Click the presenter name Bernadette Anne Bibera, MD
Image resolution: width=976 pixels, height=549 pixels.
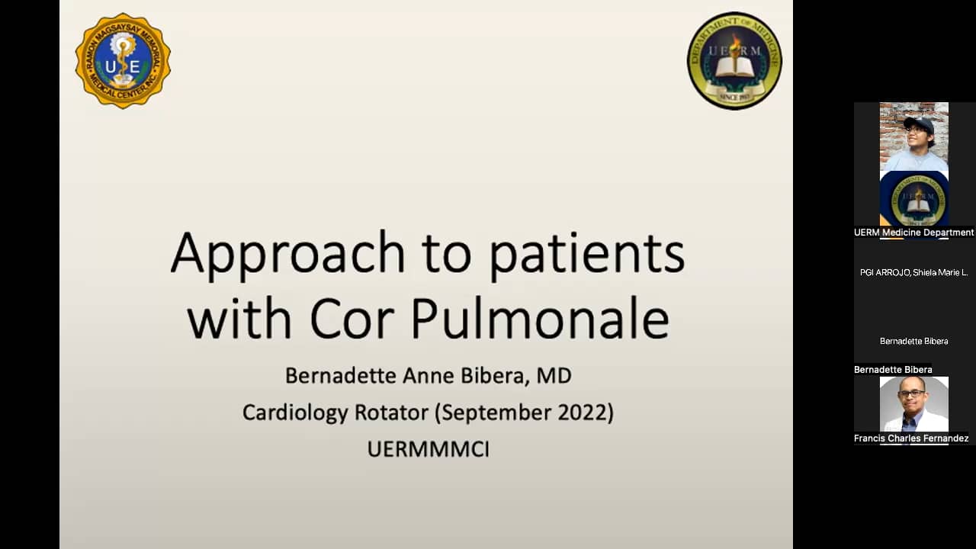tap(428, 376)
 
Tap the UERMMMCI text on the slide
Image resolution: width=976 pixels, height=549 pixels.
tap(428, 449)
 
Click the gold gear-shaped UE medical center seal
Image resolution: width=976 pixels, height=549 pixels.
tap(123, 61)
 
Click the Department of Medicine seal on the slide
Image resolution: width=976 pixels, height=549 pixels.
tap(734, 61)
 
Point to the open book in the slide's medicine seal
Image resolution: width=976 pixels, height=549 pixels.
tap(734, 67)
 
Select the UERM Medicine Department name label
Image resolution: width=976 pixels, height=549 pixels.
tap(913, 233)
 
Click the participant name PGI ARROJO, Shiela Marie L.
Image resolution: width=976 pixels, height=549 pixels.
tap(913, 272)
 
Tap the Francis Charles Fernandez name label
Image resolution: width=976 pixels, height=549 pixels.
tap(911, 438)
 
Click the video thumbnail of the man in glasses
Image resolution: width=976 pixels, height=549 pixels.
tap(913, 404)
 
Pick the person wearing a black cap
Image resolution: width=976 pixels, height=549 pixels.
tap(914, 137)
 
